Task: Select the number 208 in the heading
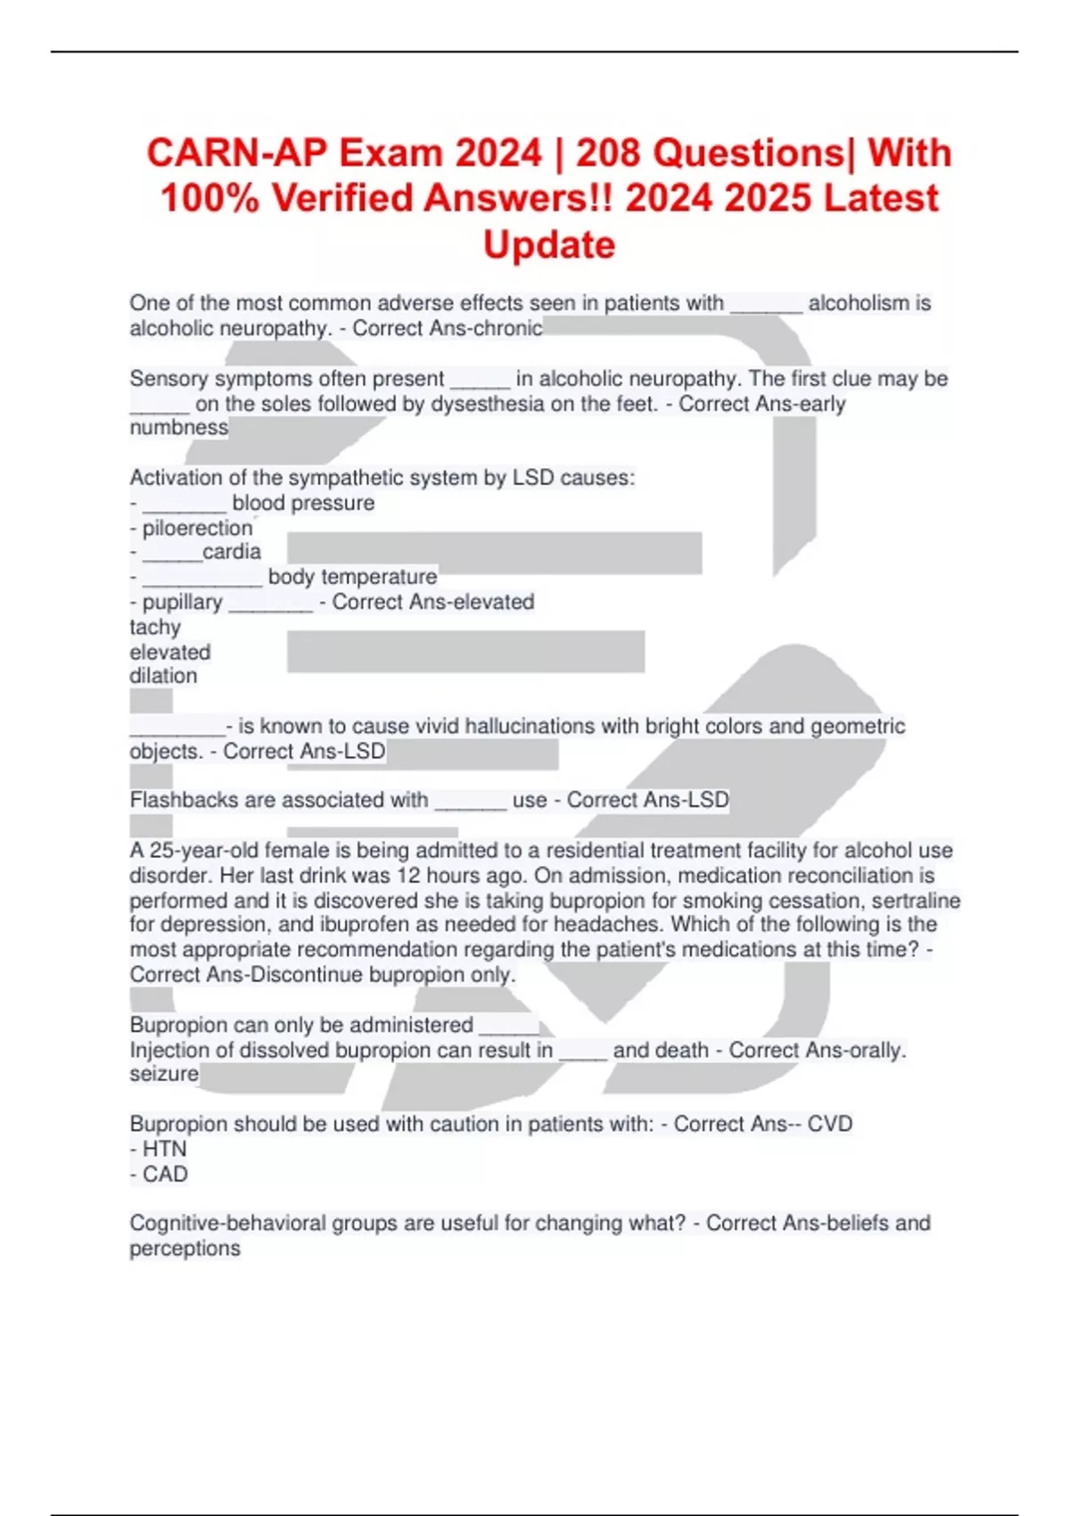point(608,152)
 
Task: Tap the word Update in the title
point(549,244)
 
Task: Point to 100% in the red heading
point(210,198)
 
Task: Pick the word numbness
point(178,427)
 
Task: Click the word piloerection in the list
point(197,528)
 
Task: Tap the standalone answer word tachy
point(155,627)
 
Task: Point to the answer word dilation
point(163,676)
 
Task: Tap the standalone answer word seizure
point(164,1074)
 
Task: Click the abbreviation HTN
point(164,1149)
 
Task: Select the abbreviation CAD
point(165,1174)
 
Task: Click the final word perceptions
point(185,1248)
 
